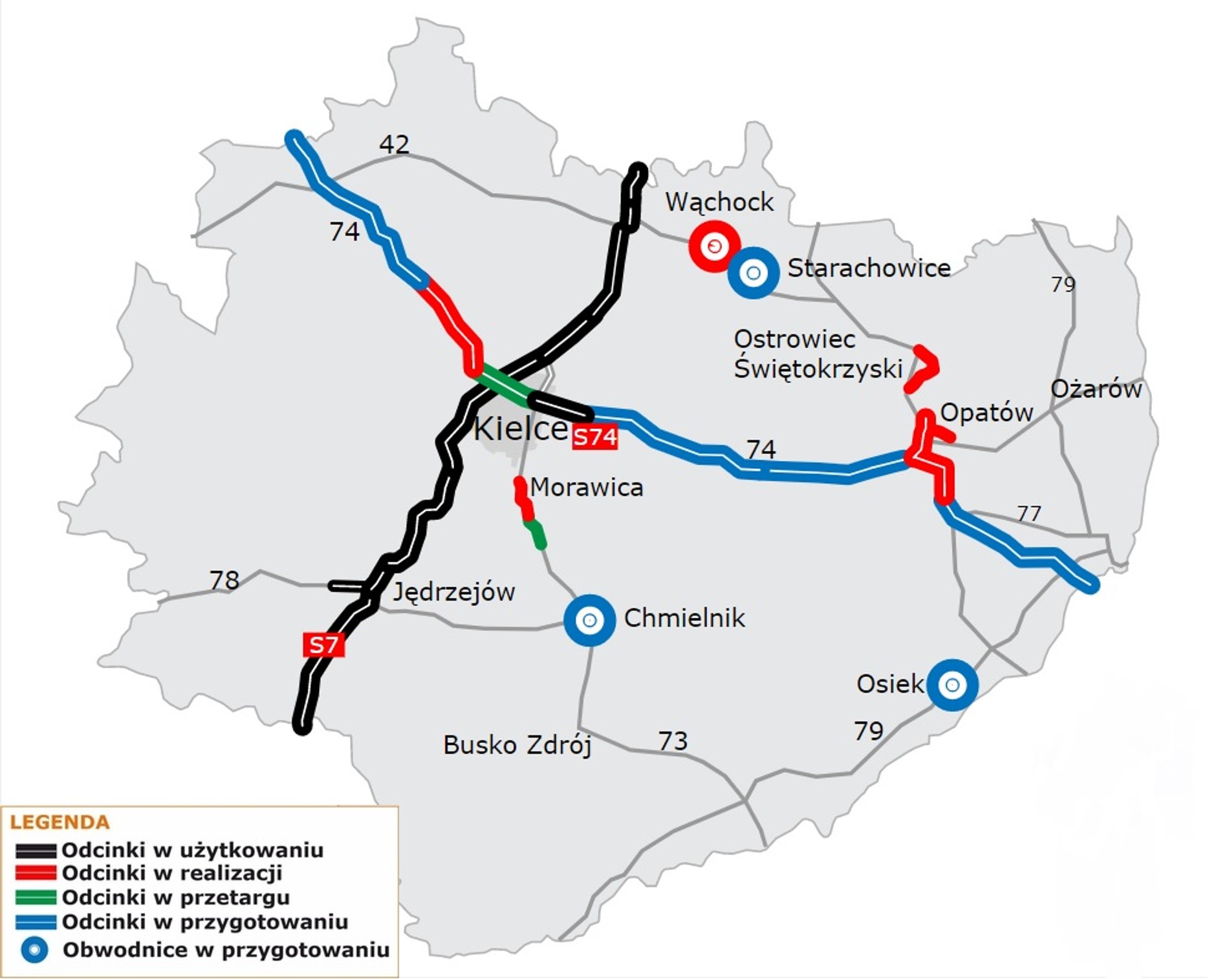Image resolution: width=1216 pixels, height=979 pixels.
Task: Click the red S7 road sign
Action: click(x=323, y=644)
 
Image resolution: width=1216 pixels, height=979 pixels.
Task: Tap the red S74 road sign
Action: click(x=594, y=438)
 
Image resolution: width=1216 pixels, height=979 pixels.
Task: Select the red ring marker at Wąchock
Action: click(x=713, y=246)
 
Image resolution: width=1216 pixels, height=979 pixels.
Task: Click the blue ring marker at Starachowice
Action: click(x=753, y=273)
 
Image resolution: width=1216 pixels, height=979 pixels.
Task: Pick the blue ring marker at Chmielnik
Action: click(x=589, y=620)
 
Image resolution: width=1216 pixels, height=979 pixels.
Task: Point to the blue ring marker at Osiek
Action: click(x=951, y=684)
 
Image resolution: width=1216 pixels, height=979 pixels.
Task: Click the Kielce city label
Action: click(x=521, y=428)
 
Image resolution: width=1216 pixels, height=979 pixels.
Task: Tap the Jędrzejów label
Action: click(x=453, y=591)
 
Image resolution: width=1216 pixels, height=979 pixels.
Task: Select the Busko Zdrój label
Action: click(x=517, y=745)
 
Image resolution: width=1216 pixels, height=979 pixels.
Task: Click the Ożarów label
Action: click(x=1096, y=389)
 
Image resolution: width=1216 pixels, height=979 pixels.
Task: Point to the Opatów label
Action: click(x=986, y=412)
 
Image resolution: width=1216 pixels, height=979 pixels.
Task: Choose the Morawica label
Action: click(x=586, y=487)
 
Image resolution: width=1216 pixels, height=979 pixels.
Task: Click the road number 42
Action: click(x=394, y=144)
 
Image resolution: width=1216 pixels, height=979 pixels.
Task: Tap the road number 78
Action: click(x=224, y=579)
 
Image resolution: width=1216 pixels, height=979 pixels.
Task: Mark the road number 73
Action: click(x=672, y=740)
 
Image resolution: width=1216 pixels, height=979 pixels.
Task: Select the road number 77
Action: click(x=1028, y=513)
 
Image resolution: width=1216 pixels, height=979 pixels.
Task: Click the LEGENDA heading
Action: click(x=60, y=822)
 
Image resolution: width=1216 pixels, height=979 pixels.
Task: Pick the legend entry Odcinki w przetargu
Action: click(x=175, y=897)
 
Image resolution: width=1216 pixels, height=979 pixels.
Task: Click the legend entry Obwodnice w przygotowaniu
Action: click(x=226, y=949)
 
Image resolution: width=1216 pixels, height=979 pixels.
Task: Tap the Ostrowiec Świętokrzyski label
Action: click(x=818, y=354)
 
